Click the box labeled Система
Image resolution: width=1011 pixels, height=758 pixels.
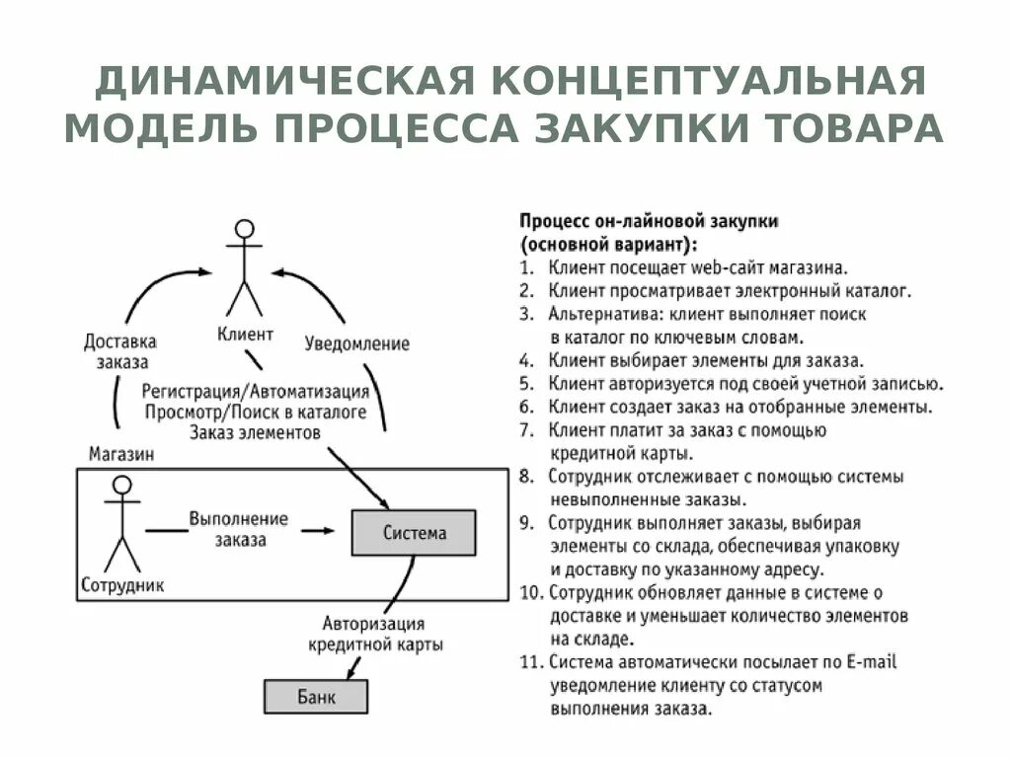point(414,533)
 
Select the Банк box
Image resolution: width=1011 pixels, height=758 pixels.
point(316,697)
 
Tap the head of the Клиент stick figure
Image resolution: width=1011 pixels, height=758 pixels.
point(244,227)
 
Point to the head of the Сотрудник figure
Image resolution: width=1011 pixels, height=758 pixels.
point(122,485)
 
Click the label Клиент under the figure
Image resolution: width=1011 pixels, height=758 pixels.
point(245,335)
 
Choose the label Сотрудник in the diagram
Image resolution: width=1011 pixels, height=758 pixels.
point(123,584)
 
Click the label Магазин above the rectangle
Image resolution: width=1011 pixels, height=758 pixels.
point(120,454)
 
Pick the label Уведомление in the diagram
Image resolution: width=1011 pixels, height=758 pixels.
point(356,343)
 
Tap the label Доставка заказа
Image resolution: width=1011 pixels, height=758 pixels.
point(120,350)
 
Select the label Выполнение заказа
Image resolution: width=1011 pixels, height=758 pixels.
point(238,529)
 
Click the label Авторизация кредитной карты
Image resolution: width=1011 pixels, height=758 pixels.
point(374,634)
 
